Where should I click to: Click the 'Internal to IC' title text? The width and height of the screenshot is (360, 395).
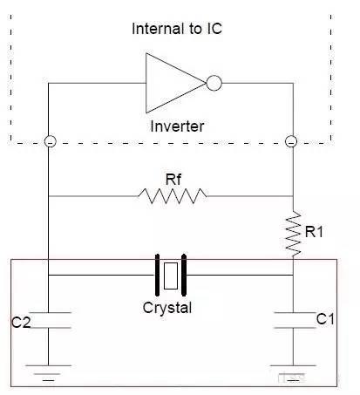(x=177, y=29)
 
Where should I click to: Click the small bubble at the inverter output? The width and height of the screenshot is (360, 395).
(x=214, y=83)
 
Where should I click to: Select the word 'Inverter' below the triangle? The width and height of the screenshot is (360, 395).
(x=177, y=126)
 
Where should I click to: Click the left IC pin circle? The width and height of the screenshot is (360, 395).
(x=51, y=141)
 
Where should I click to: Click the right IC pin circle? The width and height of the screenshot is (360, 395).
(x=291, y=141)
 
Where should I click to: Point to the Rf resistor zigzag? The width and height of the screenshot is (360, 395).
(x=173, y=196)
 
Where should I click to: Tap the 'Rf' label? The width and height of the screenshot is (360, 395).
(x=173, y=180)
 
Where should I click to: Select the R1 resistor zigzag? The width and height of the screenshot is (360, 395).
(x=293, y=235)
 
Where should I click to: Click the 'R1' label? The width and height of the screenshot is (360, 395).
(x=314, y=232)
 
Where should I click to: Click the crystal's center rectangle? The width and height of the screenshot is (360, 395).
(x=171, y=276)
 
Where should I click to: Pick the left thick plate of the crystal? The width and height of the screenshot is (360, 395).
(x=157, y=275)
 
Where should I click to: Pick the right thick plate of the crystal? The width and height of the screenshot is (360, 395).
(x=184, y=275)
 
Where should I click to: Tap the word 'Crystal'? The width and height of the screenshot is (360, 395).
(x=167, y=308)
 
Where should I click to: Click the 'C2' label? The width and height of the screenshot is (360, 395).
(x=21, y=322)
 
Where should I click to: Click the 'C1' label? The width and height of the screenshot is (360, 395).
(x=325, y=319)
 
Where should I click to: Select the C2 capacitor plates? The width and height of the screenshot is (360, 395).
(x=49, y=320)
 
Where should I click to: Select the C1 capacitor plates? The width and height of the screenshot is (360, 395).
(x=295, y=320)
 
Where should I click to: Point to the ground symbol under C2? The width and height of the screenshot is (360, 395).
(x=49, y=372)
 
